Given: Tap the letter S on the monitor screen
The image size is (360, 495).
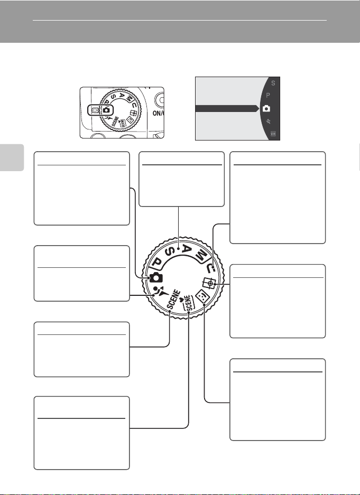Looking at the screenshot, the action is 273,83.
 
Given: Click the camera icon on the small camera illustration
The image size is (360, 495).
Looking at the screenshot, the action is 107,110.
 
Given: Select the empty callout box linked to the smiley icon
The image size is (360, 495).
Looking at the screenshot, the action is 277,399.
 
